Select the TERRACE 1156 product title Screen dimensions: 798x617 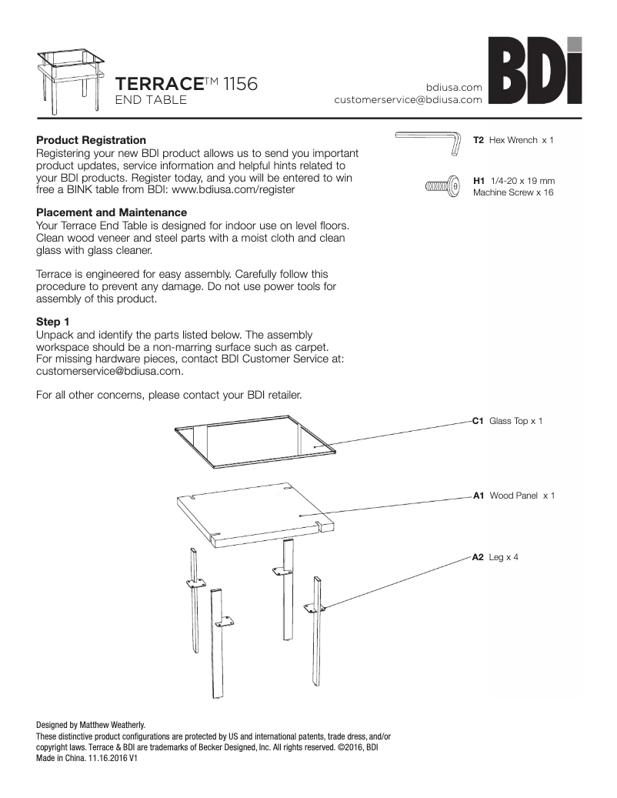pos(185,84)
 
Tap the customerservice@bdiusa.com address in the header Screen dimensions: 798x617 pos(408,100)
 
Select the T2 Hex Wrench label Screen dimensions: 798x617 pos(512,141)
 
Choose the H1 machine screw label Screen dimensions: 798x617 pos(512,185)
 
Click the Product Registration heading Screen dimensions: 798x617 pos(91,140)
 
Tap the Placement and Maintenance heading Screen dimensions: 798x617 pos(112,212)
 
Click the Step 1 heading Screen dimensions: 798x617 pos(53,321)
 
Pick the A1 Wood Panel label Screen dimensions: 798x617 pos(512,496)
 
